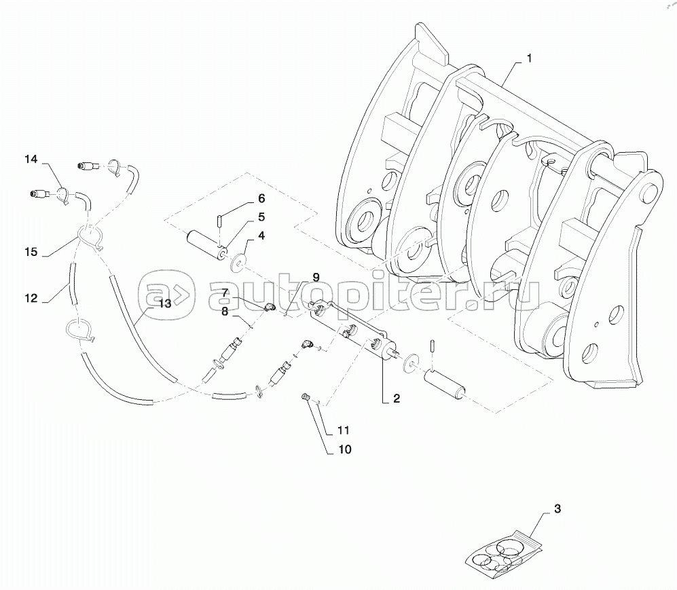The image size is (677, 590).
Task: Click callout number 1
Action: pyautogui.click(x=529, y=59)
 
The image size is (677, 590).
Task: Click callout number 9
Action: pyautogui.click(x=315, y=277)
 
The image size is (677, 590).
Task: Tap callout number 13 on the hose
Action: pyautogui.click(x=164, y=304)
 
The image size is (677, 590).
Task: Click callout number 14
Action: pyautogui.click(x=31, y=160)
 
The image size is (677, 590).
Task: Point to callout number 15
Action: pyautogui.click(x=31, y=251)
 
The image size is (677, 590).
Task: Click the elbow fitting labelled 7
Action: pyautogui.click(x=268, y=308)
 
